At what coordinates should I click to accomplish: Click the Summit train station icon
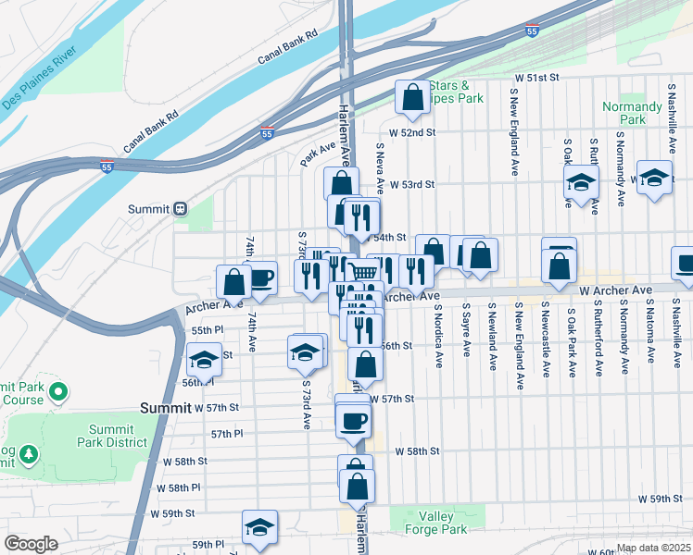pos(182,208)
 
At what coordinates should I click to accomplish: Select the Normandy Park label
pos(632,113)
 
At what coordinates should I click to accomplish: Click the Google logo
pos(31,544)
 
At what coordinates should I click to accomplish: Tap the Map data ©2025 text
pos(652,548)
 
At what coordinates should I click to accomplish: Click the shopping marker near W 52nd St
pos(411,98)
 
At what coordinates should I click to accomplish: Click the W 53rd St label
pos(411,184)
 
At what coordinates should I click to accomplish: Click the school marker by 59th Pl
pos(259,527)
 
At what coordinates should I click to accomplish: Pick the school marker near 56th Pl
pos(203,360)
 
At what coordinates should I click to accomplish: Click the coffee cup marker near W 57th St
pos(353,422)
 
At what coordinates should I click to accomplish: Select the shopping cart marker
pos(364,271)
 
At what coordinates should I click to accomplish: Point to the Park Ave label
pos(318,153)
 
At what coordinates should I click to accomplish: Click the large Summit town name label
pos(164,407)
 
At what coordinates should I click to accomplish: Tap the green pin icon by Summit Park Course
pos(58,392)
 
